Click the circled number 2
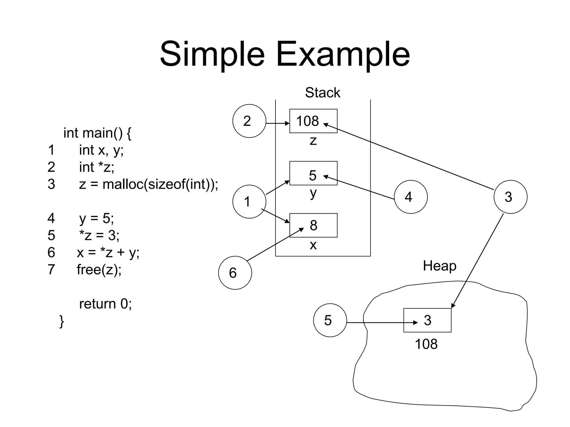(x=249, y=121)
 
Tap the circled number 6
(x=235, y=273)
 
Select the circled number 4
(x=411, y=197)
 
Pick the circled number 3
(x=510, y=197)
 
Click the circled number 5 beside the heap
(x=330, y=320)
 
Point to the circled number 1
(x=249, y=202)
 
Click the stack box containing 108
(x=313, y=121)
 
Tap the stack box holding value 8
(x=313, y=225)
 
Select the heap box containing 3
(x=427, y=320)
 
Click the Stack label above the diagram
(x=322, y=93)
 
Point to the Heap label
(x=439, y=266)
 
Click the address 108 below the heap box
(x=426, y=344)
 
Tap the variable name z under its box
(x=313, y=141)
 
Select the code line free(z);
(x=99, y=270)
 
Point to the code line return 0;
(x=105, y=304)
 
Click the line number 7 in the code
(x=51, y=270)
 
